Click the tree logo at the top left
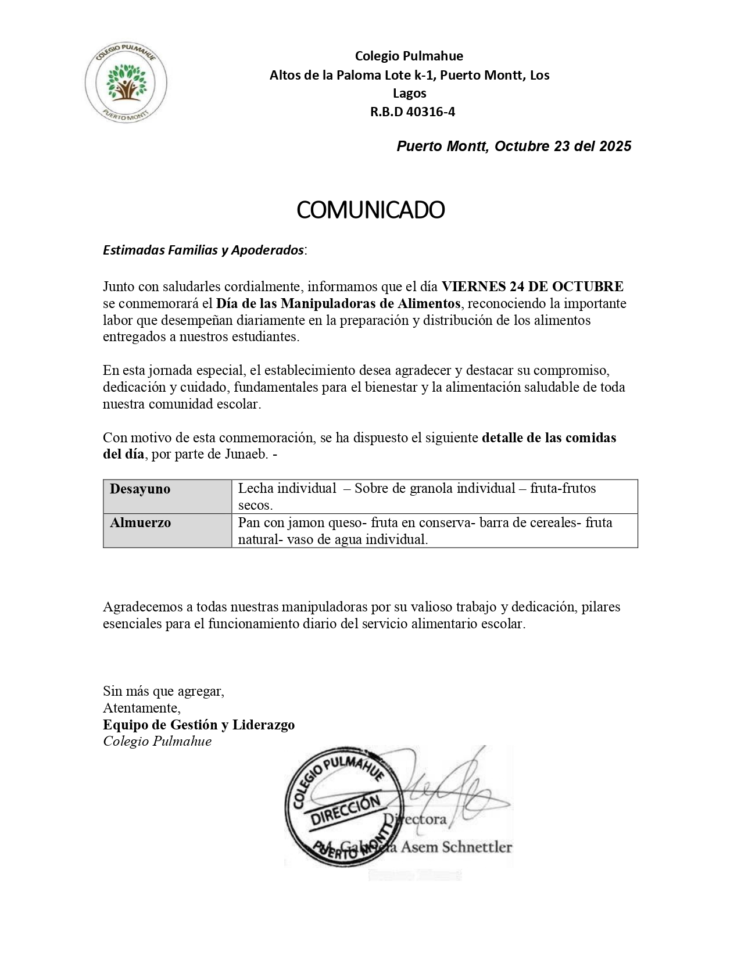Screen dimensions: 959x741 pos(126,81)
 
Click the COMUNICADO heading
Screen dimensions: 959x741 pos(370,210)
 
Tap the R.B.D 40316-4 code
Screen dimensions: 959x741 pos(413,112)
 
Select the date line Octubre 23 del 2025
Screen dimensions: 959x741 pos(514,146)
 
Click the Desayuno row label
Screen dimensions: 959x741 pos(140,489)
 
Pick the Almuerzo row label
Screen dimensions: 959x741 pos(140,523)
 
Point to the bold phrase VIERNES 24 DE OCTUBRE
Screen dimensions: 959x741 pos(532,287)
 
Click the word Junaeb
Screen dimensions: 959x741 pos(246,454)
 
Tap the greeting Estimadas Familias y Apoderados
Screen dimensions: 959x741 pos(203,250)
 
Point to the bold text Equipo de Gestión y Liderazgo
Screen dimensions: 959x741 pos(199,725)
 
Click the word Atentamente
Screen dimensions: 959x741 pos(141,708)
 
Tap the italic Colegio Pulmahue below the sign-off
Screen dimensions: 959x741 pos(157,742)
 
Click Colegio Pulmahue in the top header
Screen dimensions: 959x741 pos(409,56)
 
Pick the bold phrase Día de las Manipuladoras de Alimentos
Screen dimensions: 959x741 pos(339,303)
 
